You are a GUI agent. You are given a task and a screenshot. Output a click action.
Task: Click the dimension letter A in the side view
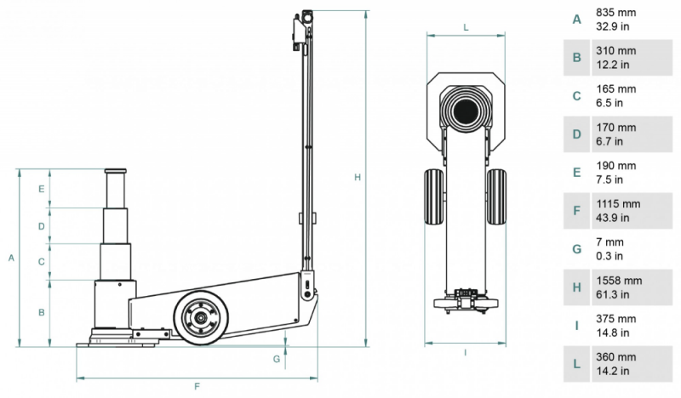[10, 256]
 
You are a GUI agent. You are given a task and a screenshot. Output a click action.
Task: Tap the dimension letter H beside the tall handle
[358, 177]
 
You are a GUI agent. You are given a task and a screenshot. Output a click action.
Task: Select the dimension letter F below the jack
[197, 387]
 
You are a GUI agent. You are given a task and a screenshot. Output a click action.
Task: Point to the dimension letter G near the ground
[277, 359]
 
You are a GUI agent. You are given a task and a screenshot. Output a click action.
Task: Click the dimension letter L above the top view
[466, 27]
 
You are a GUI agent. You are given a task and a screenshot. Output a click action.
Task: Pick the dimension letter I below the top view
[466, 352]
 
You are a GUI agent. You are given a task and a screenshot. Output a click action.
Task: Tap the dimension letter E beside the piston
[41, 189]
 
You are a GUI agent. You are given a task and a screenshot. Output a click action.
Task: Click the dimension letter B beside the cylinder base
[41, 312]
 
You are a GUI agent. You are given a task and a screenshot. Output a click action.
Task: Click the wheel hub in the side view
[201, 320]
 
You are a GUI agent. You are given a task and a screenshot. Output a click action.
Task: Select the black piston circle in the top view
[466, 111]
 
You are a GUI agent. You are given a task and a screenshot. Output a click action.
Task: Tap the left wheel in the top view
[433, 196]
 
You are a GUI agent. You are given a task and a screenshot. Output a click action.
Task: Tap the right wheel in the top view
[497, 196]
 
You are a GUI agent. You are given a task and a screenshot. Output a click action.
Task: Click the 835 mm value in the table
[615, 13]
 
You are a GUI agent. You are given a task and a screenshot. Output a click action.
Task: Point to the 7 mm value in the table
[611, 242]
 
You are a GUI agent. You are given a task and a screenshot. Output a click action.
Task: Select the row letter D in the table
[576, 134]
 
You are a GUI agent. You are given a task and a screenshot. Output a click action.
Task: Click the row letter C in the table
[576, 95]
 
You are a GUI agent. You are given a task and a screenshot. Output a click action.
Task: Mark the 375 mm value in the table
[615, 319]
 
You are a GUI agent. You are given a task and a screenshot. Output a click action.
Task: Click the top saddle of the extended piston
[117, 172]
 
